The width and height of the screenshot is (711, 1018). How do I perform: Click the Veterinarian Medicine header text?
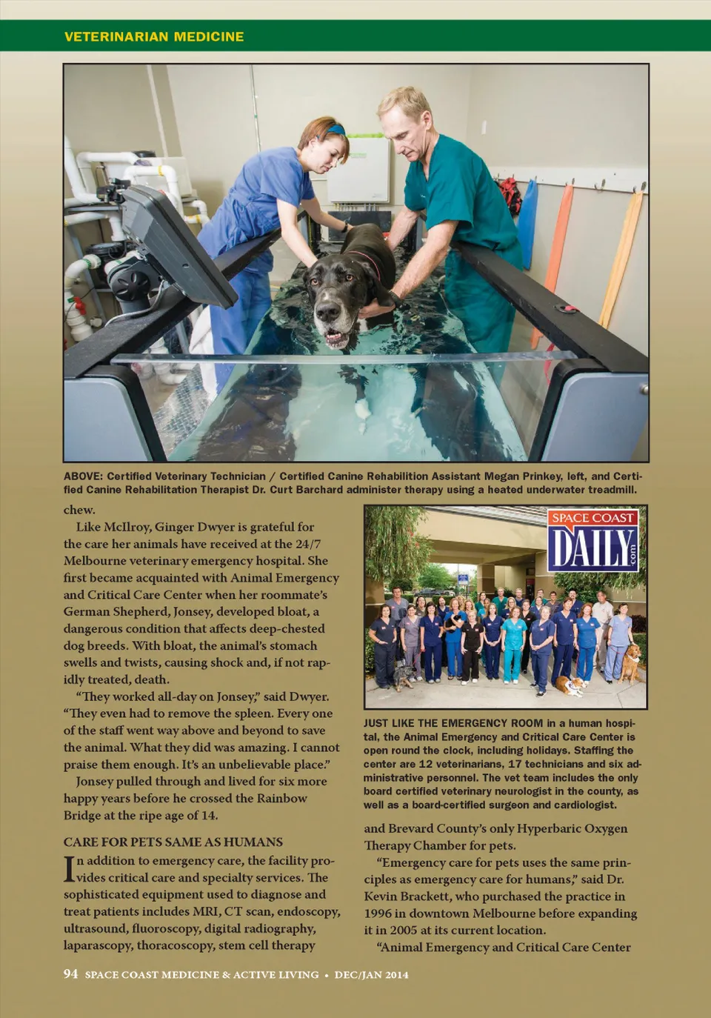pos(154,36)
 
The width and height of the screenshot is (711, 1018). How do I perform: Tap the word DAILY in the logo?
pos(590,549)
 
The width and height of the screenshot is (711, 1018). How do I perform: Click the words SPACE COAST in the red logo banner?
pos(593,518)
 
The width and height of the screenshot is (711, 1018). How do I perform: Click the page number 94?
pos(70,974)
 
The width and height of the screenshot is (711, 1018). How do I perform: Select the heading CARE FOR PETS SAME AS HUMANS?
pos(173,842)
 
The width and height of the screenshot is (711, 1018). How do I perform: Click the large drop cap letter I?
pos(69,868)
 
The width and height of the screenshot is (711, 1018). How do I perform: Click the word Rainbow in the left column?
pos(281,798)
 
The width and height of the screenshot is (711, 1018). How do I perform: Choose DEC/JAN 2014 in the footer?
pos(371,974)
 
